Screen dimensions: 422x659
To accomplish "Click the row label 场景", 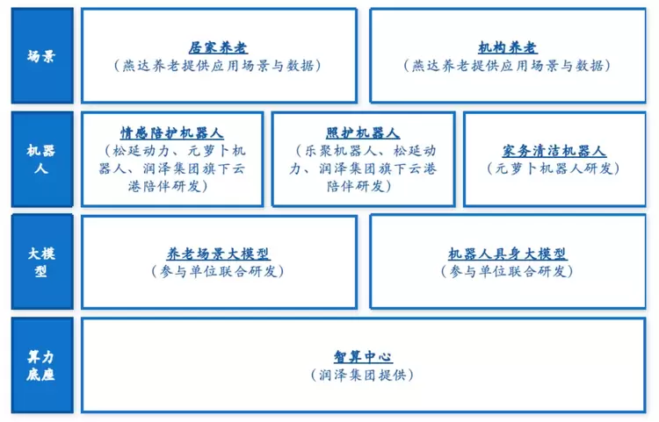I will [42, 57].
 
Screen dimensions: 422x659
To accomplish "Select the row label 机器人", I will [42, 159].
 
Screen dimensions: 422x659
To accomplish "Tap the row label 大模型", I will [42, 261].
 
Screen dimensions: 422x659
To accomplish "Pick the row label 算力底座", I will [42, 365].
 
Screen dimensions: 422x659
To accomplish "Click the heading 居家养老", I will [218, 48].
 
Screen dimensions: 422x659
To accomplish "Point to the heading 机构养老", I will [508, 48].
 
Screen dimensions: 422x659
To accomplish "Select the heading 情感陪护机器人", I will [172, 133].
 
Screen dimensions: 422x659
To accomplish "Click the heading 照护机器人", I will [363, 133].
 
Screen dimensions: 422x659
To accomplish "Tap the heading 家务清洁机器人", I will [554, 151].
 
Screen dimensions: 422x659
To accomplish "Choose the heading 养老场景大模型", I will [218, 254].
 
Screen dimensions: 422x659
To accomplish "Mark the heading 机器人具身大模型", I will [508, 254].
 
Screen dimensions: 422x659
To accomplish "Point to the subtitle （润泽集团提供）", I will [362, 375].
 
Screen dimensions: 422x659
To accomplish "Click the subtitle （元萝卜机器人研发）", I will [554, 168].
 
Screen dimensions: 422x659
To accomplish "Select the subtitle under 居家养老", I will [218, 66].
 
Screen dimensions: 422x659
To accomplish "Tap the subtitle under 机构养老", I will [508, 66].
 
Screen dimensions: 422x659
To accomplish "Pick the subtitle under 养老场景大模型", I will [218, 271].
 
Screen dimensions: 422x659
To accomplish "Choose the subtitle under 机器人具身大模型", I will [508, 271].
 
